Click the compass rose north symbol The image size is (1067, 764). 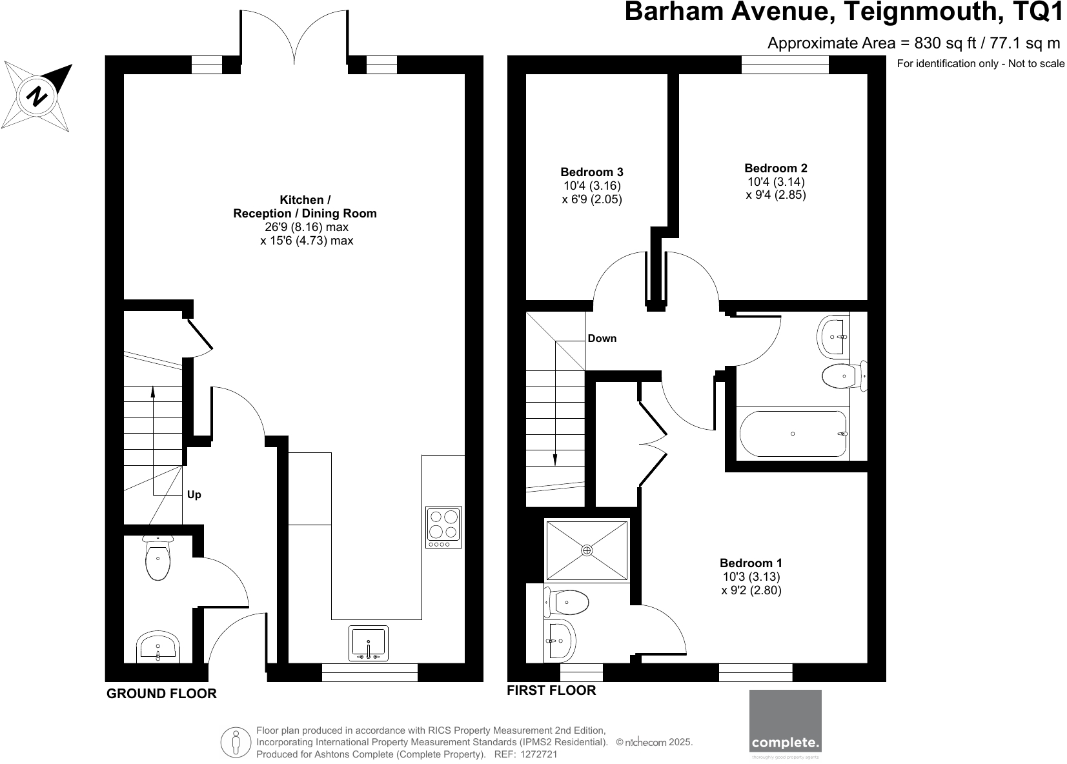coord(37,97)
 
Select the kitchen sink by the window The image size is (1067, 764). coord(369,643)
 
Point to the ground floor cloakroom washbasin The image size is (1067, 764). coord(158,648)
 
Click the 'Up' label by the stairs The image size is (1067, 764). coord(194,495)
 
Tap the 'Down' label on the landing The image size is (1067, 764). coord(602,338)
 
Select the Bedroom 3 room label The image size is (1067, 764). coord(591,172)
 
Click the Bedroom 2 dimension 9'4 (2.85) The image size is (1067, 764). coord(776,195)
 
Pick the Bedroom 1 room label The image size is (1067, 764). coord(751,563)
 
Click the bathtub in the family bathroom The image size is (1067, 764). coord(793,434)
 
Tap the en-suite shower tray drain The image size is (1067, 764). coord(586,550)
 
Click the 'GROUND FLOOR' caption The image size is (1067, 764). coord(161,694)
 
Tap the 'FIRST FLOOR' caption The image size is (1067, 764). coord(551,690)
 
